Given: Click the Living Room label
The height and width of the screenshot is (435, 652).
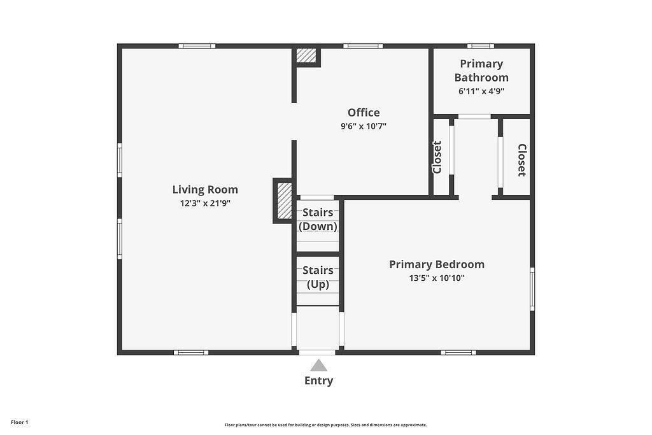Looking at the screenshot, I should (205, 189).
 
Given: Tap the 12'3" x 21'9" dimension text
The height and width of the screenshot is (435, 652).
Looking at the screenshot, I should (205, 204).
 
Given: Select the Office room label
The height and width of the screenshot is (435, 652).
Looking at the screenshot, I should (364, 113).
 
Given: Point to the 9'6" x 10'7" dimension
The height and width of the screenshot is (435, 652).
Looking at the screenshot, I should (364, 126).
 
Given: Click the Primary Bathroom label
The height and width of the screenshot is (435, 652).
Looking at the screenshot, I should (481, 71).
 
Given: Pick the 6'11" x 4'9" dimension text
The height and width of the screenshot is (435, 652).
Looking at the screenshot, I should (481, 91).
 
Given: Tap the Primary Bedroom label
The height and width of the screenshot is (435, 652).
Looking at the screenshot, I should (437, 264).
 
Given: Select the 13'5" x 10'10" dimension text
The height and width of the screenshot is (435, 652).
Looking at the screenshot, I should (437, 278).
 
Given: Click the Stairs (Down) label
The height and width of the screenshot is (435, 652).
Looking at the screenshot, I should (318, 219).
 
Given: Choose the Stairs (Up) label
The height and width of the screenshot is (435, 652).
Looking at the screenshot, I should (318, 277).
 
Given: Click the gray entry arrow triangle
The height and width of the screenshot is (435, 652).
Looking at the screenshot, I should (318, 366).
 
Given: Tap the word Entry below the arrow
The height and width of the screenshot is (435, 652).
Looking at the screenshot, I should (318, 381).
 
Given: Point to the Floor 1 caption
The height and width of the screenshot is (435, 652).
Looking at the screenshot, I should (20, 422).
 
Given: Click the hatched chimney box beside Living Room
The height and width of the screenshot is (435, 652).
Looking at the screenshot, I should (284, 201).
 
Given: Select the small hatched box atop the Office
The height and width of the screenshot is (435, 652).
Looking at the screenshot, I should (307, 56).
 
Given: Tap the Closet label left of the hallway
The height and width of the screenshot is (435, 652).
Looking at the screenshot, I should (437, 157).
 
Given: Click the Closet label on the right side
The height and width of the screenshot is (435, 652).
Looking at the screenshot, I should (521, 160).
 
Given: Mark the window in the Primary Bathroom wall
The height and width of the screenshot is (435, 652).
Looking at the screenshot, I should (480, 46).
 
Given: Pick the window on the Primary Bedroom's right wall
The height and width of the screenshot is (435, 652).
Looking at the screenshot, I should (532, 289).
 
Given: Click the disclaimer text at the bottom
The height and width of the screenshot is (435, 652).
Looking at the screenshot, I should (325, 425).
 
